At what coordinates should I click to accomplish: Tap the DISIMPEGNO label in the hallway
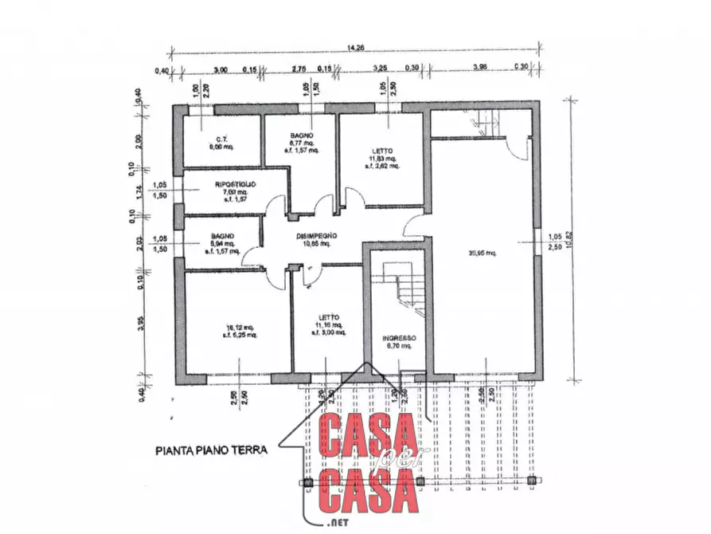[318, 235]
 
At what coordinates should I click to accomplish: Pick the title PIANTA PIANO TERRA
[211, 450]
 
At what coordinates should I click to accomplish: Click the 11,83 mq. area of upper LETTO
[382, 159]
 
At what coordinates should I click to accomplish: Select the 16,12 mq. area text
[240, 327]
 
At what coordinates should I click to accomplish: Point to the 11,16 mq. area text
[328, 325]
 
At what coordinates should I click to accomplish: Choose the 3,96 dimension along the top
[481, 69]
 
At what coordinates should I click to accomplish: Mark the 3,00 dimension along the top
[221, 69]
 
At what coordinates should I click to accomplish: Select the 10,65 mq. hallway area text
[316, 243]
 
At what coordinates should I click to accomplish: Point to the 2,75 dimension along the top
[299, 69]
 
